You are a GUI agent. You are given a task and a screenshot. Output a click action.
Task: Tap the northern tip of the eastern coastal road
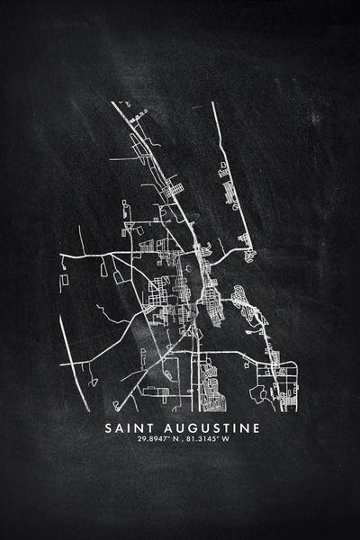[213, 103]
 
